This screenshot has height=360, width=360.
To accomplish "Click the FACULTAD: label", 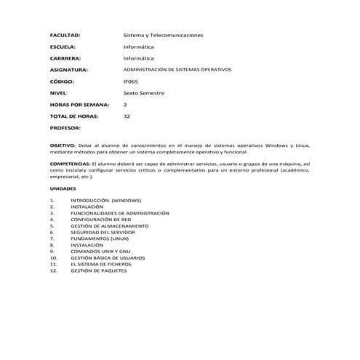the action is (x=65, y=35).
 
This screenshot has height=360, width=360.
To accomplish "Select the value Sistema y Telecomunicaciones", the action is (x=164, y=35).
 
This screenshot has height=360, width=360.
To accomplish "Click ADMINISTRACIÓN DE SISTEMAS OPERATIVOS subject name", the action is (x=177, y=70).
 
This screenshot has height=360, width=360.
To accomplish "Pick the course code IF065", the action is (x=131, y=81).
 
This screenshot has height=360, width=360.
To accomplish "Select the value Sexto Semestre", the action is (x=144, y=93).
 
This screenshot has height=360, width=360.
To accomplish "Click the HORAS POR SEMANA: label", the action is (x=79, y=105).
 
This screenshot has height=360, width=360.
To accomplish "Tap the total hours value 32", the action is (x=127, y=116).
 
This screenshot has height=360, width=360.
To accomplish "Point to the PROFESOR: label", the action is (x=65, y=128).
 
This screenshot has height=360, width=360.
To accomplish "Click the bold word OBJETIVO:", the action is (x=62, y=146).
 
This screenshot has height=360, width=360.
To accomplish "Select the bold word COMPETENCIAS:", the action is (x=70, y=166).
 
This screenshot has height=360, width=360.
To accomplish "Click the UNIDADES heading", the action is (x=61, y=188).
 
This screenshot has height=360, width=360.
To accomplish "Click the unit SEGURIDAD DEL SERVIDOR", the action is (x=103, y=232).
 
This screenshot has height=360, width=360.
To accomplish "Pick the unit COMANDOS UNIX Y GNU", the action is (x=101, y=251).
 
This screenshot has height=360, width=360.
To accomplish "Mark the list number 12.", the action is (x=53, y=270).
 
